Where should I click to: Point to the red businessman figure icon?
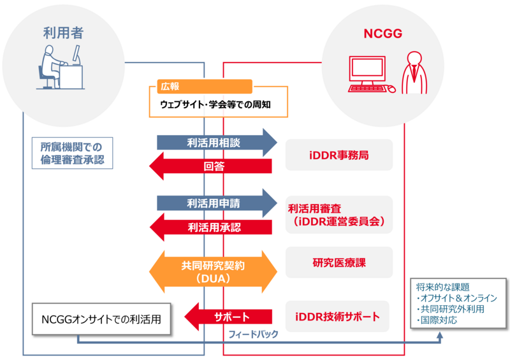414,73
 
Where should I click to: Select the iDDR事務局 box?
338,155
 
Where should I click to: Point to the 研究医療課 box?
338,263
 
